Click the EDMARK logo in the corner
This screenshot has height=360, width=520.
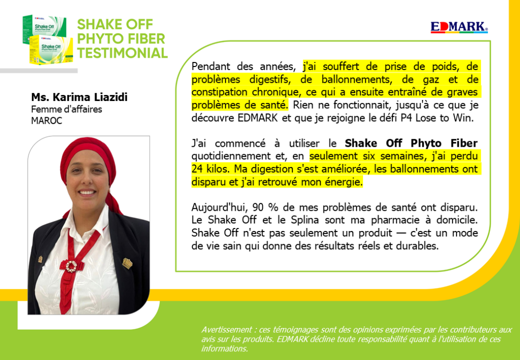coord(459,27)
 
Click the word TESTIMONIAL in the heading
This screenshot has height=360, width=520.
coord(122,53)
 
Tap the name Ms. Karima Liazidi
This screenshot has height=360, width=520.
coord(79,97)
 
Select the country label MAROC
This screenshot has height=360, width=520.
coord(47,121)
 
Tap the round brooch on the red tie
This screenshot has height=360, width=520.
coord(71,266)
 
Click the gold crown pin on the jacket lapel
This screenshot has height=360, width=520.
coord(128,263)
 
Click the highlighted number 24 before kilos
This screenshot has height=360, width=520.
coord(198,169)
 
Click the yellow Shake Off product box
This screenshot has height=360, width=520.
coord(51,51)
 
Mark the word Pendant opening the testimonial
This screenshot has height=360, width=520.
coord(210,66)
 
